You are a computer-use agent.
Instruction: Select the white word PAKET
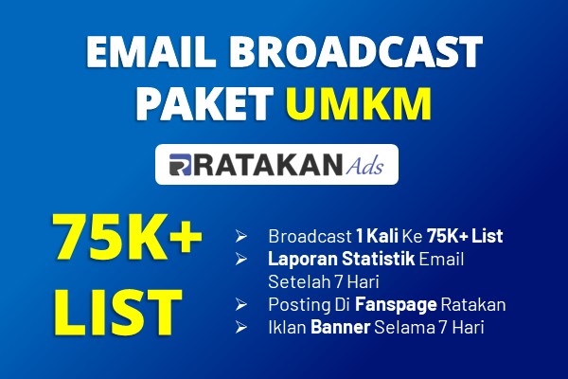point(204,103)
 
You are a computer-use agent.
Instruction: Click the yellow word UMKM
point(360,103)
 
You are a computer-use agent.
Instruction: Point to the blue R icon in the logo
point(180,165)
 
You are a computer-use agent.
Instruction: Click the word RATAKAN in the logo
point(267,165)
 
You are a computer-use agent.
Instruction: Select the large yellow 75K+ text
point(127,237)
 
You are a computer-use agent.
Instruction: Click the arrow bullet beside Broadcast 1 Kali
point(240,236)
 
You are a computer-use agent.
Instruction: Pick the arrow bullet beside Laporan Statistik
point(240,259)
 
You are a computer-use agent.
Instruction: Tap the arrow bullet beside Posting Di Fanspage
point(240,305)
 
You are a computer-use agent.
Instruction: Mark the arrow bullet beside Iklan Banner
point(240,328)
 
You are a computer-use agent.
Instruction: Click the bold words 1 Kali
point(377,236)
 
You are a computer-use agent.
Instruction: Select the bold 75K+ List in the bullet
point(465,236)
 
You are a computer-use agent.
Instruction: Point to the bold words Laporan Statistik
point(341,259)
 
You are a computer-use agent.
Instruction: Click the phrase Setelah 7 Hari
point(324,281)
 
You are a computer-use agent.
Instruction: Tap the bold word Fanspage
point(396,305)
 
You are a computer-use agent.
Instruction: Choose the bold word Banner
point(340,328)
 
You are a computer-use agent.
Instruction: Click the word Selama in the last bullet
point(404,328)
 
